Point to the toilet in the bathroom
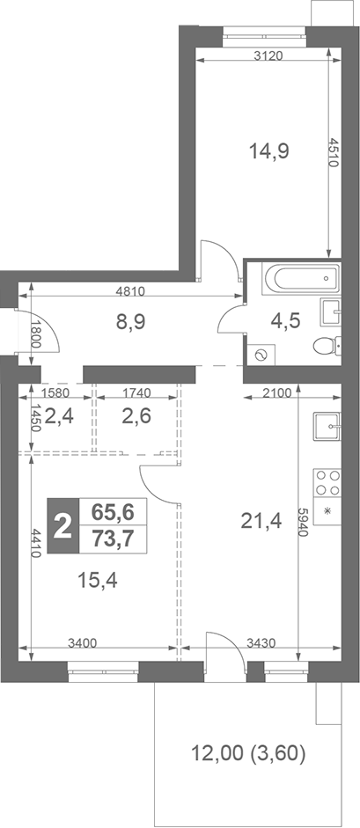point(327,345)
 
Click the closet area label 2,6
point(136,416)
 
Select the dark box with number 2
point(62,528)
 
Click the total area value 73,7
point(112,540)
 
